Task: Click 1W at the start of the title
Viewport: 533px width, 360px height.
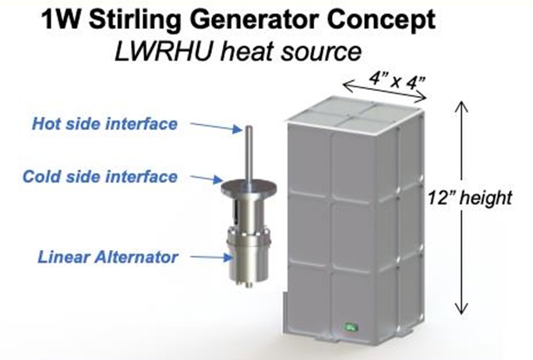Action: coord(61,19)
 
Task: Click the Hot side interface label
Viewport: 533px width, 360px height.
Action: coord(104,124)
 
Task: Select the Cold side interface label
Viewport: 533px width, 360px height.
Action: coord(100,177)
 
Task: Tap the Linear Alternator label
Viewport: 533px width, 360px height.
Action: coord(108,257)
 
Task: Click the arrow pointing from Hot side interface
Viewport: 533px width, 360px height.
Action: coord(216,127)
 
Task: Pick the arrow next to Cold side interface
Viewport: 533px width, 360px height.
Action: coord(206,178)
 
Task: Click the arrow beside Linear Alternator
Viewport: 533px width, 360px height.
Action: coord(211,257)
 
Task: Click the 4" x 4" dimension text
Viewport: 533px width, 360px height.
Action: coord(397,80)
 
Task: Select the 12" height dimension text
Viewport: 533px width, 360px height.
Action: coord(470,198)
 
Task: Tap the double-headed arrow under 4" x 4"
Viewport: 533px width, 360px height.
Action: coord(385,91)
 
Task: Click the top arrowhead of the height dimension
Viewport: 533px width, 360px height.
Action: coord(461,106)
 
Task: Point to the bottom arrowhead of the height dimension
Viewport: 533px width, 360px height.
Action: coord(461,309)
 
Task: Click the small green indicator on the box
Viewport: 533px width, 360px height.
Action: coord(351,328)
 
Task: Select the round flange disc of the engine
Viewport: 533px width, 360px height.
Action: coord(249,188)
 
